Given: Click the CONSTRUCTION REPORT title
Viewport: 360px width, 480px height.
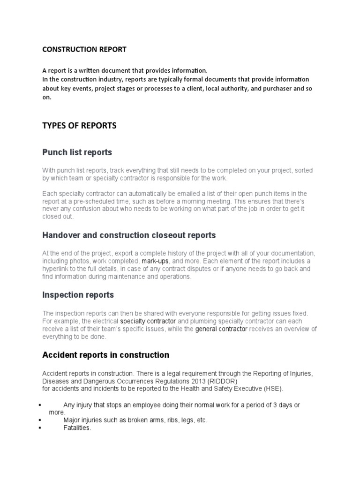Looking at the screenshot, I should pyautogui.click(x=84, y=49).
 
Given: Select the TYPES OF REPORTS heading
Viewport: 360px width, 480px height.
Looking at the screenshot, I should pyautogui.click(x=79, y=126).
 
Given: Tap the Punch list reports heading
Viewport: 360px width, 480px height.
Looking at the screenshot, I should pyautogui.click(x=77, y=152).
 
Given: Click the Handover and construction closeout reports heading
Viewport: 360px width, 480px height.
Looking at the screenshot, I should pyautogui.click(x=129, y=235).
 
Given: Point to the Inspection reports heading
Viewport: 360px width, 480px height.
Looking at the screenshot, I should pyautogui.click(x=78, y=295).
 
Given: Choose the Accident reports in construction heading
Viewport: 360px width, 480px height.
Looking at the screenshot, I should pyautogui.click(x=105, y=355).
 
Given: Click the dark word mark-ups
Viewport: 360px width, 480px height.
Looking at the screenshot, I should pyautogui.click(x=155, y=261).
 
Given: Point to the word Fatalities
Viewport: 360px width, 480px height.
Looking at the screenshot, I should pyautogui.click(x=77, y=428).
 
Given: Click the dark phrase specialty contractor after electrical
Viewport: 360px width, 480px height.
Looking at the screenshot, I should pyautogui.click(x=148, y=321).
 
